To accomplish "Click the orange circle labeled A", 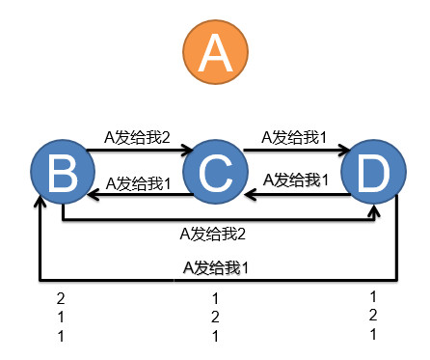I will (215, 53).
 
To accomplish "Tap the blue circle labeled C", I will (215, 175).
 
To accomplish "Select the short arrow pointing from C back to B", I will (139, 194).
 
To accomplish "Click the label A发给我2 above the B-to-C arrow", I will (137, 138).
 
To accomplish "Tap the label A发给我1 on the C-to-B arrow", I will (138, 181).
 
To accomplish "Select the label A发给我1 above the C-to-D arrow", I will (295, 138).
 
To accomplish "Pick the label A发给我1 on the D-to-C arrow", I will (295, 180).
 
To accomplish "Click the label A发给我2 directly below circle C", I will (214, 233).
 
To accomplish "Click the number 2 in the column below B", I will (60, 297).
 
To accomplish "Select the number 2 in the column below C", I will (216, 317).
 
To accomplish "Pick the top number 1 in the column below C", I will (216, 298).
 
